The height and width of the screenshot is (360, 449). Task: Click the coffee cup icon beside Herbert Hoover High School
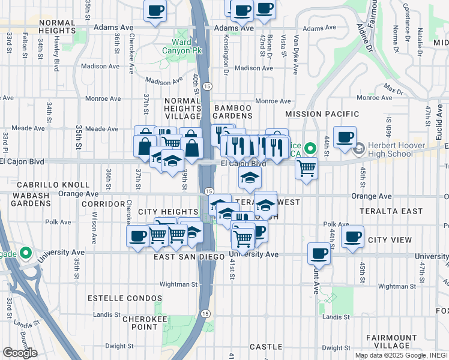[345, 137]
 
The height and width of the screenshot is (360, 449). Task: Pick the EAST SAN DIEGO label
[181, 257]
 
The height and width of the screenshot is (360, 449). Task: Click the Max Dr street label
[394, 91]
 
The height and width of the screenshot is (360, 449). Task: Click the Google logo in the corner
[20, 353]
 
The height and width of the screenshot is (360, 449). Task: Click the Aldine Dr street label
[364, 35]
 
